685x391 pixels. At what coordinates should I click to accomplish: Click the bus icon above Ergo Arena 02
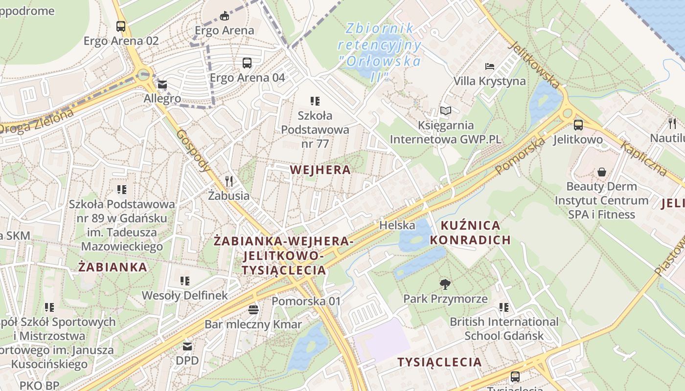pos(121,26)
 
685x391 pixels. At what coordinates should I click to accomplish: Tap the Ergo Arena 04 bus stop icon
pos(247,63)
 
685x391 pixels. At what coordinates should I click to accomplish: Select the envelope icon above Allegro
pos(162,85)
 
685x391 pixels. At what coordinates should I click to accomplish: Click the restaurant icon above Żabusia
pos(229,181)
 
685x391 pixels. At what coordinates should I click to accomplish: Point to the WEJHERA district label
pos(320,170)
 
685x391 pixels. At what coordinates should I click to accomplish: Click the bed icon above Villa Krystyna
pos(490,66)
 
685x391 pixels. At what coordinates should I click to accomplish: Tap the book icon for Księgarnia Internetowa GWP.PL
pos(445,111)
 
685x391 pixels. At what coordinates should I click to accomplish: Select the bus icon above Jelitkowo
pos(578,125)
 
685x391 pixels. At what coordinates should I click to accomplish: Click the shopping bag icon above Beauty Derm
pos(601,172)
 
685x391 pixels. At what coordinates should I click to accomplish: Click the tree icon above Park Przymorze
pos(445,284)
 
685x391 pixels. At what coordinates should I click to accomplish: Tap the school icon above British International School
pos(504,307)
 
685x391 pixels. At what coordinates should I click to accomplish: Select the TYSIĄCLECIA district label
pos(439,362)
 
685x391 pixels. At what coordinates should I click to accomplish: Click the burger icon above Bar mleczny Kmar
pos(253,309)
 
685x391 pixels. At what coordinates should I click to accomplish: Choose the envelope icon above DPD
pos(187,347)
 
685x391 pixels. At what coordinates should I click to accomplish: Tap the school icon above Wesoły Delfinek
pos(184,281)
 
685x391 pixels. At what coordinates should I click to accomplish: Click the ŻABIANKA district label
pos(113,267)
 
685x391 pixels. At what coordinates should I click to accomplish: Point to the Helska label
pos(397,225)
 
